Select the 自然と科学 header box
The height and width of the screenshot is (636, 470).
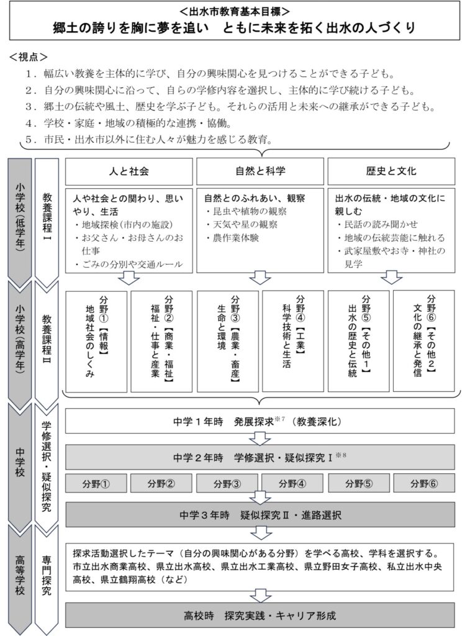click(260, 171)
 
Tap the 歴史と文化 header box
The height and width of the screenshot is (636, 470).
click(391, 171)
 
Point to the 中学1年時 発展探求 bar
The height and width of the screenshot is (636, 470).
click(260, 420)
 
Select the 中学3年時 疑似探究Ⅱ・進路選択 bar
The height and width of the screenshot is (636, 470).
click(260, 515)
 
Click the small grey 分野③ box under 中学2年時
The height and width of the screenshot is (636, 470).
click(227, 483)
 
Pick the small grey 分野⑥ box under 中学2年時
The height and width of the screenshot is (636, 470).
click(424, 483)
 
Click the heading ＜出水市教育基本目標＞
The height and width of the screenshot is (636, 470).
click(235, 11)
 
